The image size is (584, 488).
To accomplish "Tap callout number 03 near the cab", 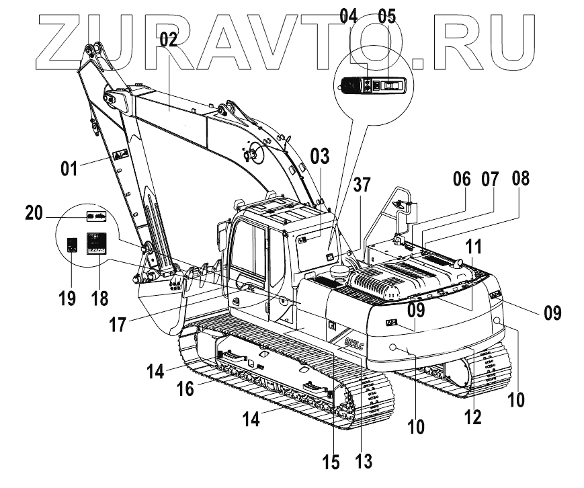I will pyautogui.click(x=320, y=157).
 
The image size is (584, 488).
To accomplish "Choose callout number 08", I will pyautogui.click(x=520, y=179).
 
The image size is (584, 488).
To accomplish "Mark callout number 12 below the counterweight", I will pyautogui.click(x=473, y=417).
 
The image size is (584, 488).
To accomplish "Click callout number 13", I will pyautogui.click(x=363, y=461).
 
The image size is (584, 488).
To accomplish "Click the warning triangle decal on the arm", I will pyautogui.click(x=120, y=155).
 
